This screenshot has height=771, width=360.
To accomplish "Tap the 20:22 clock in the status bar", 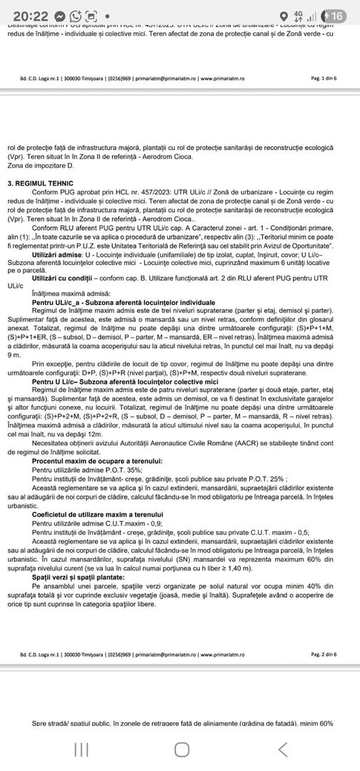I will [x=24, y=16].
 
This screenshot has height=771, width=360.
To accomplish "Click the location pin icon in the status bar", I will [x=286, y=16].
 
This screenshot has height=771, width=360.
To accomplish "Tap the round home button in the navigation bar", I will [x=181, y=749].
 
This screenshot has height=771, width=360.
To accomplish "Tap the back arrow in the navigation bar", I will [x=283, y=749].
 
